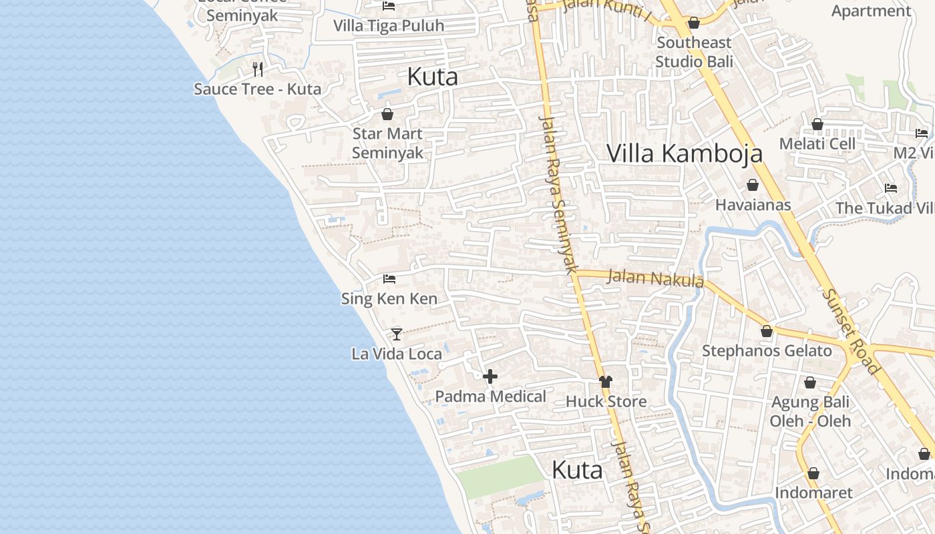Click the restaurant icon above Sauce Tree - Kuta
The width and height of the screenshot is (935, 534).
pos(258,69)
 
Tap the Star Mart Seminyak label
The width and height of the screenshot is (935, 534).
pos(387,143)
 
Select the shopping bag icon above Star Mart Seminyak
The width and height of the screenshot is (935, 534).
pos(387,114)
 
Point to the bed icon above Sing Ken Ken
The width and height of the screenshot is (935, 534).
pos(389,278)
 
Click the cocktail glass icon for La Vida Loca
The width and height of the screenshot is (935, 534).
pos(397,334)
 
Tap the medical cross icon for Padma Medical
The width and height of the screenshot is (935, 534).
pos(490,376)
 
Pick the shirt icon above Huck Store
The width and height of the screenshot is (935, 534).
pos(606,382)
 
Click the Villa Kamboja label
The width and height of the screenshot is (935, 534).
pos(684,153)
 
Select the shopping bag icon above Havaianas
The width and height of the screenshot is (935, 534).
pos(753,185)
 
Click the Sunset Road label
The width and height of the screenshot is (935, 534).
pos(851,330)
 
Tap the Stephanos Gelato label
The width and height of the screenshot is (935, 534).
pos(767,351)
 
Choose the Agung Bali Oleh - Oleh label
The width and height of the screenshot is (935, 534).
pos(810,411)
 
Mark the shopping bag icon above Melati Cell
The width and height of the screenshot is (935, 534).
pos(817,124)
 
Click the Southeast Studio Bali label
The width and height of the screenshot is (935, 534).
pos(694,52)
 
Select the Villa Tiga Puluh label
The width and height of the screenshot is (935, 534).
pos(388,26)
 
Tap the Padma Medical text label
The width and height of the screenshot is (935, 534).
pos(491,396)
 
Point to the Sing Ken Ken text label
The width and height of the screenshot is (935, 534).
pos(389,298)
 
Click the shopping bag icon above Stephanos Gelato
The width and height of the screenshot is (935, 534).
pos(767,331)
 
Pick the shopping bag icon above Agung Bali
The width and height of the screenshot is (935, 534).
pos(810,382)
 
